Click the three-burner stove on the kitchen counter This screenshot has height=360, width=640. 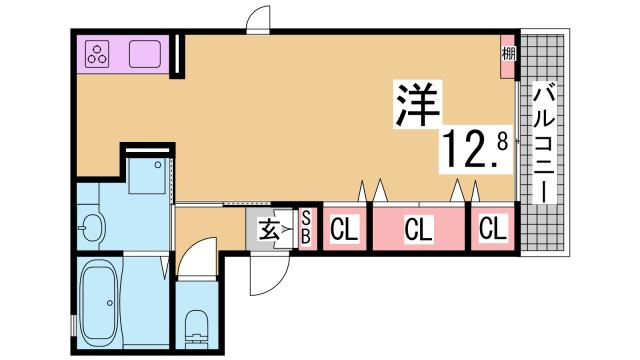pos(100,56)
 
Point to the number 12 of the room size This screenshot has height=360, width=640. pos(463,150)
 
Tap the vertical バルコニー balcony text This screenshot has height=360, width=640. pos(545,145)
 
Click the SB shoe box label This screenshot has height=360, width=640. pos(307,229)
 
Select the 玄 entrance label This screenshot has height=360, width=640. pos(271,229)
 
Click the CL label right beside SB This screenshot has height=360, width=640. pos(344,229)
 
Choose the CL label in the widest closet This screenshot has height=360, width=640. pos(418,229)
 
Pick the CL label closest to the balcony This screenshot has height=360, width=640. pos(492,229)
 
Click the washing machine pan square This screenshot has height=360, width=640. pos(150,178)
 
